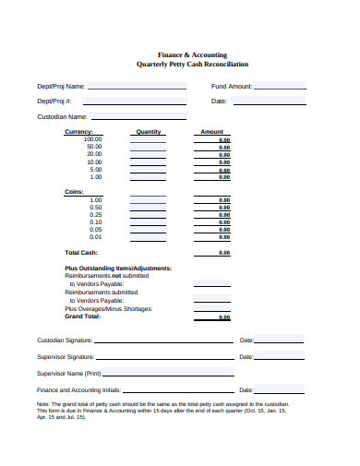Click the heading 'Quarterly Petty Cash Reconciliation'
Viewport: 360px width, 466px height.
191,65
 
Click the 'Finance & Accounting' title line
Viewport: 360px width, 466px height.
191,55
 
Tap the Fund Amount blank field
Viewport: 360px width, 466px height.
281,86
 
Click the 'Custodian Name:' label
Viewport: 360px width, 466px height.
62,117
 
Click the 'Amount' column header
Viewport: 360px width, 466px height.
211,132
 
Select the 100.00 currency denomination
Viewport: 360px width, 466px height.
93,138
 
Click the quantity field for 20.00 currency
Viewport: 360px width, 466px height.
148,154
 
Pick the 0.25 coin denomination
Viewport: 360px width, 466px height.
96,214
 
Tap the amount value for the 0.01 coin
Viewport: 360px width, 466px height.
224,237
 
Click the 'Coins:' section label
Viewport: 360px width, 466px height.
74,192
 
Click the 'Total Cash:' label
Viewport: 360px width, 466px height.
81,252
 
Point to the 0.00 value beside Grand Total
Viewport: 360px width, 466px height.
224,317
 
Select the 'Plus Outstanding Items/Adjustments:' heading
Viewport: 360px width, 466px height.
118,269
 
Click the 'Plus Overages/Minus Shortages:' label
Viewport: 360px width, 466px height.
109,308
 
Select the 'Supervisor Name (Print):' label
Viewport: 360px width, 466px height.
68,373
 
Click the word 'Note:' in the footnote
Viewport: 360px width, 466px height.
43,404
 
